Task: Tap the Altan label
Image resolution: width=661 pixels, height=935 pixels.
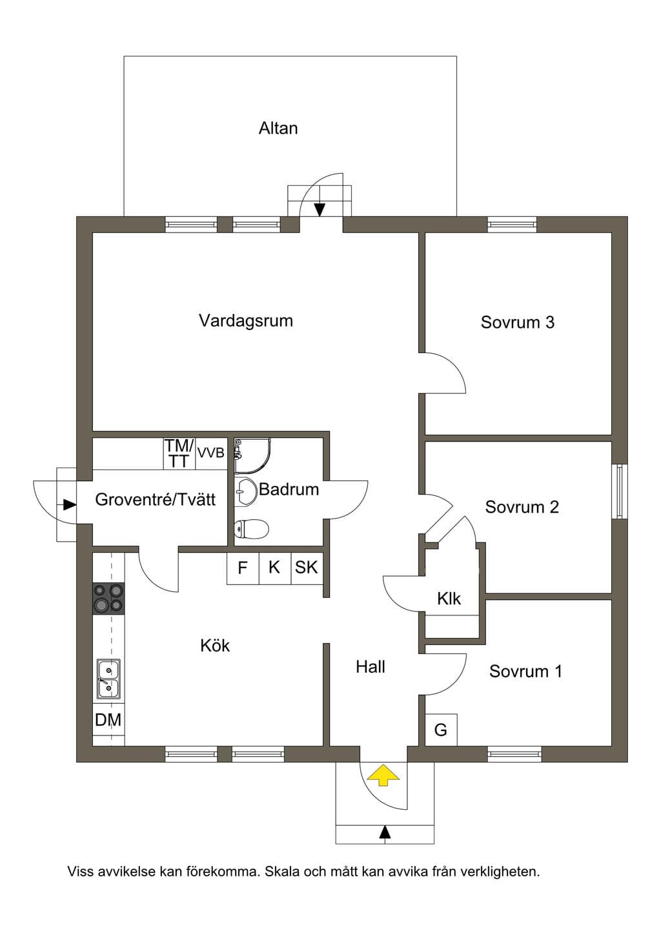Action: coord(278,128)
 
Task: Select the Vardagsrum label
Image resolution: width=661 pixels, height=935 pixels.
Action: coord(246,321)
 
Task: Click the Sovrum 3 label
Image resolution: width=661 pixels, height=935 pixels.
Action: coord(518,322)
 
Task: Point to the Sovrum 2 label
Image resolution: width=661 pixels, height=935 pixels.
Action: coord(522,507)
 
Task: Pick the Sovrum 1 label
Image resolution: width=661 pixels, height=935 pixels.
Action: coord(526,671)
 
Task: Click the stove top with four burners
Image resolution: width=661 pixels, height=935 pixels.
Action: coord(108,598)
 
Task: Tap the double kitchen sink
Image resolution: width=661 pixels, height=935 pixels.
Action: coord(108,679)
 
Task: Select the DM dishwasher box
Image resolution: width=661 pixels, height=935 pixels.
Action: coord(108,719)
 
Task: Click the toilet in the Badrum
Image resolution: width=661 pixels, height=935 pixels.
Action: coord(251,529)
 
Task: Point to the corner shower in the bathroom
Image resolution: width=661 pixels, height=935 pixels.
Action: coord(252,455)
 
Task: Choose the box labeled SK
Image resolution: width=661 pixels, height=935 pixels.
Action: coord(307,568)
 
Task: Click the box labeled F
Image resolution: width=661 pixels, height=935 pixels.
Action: coord(243,568)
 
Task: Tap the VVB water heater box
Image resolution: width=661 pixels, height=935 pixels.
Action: coord(211,453)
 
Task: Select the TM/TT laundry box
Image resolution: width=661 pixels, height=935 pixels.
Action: coord(179,453)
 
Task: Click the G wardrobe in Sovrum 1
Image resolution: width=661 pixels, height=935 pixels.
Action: coord(441,730)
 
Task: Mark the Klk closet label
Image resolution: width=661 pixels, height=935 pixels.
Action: coord(449,599)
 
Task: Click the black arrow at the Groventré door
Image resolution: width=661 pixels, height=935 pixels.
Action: coord(70,505)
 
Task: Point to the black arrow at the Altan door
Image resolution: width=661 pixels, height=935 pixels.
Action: coord(320,209)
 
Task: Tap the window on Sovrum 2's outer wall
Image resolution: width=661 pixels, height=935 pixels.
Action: coord(620,491)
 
